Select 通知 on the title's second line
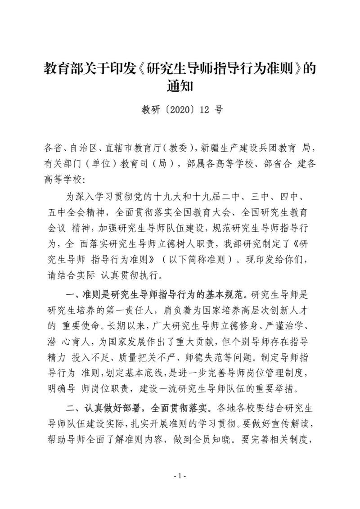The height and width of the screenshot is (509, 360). click(x=180, y=86)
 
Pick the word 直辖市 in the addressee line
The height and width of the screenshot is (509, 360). click(x=121, y=147)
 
